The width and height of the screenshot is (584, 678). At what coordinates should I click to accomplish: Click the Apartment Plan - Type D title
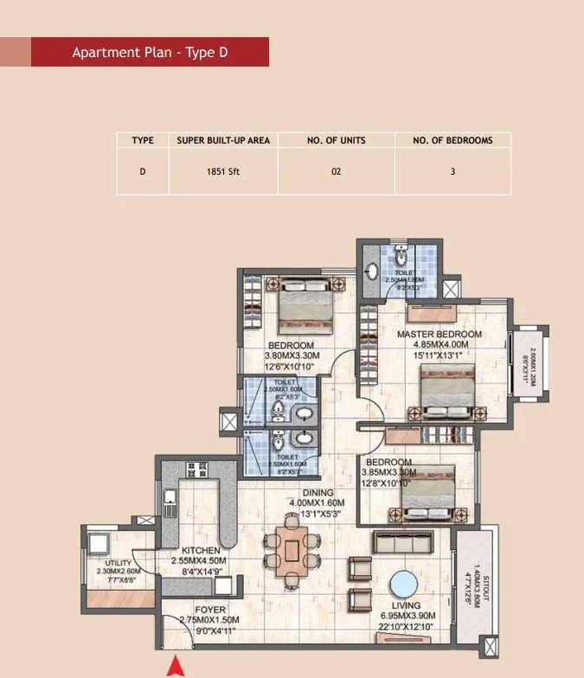tap(150, 53)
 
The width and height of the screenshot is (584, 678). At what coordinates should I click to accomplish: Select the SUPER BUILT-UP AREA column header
tap(223, 140)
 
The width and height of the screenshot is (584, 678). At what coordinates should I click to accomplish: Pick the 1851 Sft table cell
tap(223, 171)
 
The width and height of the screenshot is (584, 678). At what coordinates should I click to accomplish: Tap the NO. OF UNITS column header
tap(337, 140)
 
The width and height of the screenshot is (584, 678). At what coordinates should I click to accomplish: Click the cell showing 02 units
tap(337, 171)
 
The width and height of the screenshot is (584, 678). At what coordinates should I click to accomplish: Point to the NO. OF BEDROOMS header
tap(452, 140)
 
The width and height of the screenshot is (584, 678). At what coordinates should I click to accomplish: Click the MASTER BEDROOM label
tap(439, 334)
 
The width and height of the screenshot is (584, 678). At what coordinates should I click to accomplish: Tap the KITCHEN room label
tap(200, 550)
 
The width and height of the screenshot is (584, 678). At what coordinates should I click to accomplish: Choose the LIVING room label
tap(405, 605)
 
